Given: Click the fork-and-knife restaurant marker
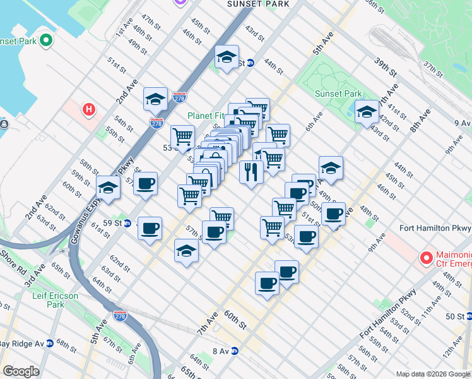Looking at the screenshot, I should coord(251,172).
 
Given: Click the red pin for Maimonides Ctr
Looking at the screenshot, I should coord(427,258).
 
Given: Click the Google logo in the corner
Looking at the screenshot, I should coord(21,371).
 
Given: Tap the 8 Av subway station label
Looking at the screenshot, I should coord(224,351).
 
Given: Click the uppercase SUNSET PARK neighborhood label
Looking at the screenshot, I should coord(258,4).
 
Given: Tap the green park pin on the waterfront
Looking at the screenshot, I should coord(45,41).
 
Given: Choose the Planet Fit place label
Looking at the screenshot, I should coord(207,116).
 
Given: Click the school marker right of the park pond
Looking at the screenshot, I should coord(367,112).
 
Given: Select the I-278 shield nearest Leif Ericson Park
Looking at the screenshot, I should coord(120,314).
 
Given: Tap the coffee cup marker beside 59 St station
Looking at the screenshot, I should coord(150,229).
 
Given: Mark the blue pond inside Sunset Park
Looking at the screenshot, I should coord(348,111).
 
